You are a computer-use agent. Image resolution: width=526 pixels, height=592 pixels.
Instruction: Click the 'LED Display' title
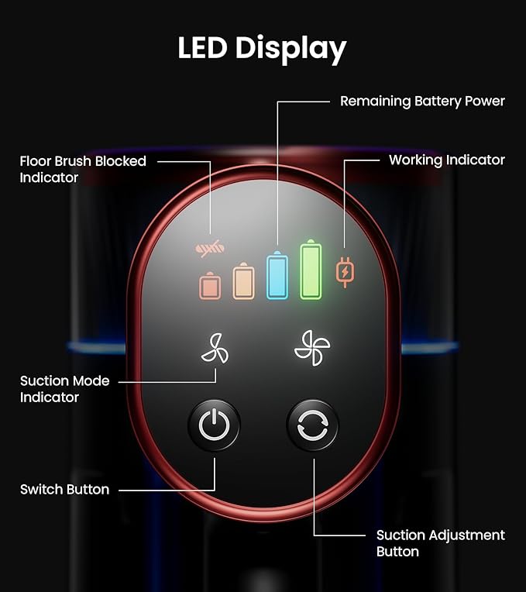point(262,49)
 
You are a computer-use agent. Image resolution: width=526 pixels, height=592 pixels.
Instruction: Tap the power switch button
point(214,425)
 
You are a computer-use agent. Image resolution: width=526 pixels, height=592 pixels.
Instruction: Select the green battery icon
point(311,270)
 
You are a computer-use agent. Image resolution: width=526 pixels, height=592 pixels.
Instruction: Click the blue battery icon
point(277,275)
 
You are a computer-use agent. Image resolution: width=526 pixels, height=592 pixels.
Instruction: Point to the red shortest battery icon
point(210,286)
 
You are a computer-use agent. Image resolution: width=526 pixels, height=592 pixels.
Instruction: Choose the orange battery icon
point(243,281)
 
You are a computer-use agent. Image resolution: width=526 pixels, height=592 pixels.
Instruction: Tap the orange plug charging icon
point(345,272)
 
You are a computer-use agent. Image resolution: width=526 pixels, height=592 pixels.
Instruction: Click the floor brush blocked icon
point(210,249)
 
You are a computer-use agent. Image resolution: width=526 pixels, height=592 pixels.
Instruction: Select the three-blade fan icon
point(215,349)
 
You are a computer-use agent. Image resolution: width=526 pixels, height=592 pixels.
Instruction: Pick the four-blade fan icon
point(312,348)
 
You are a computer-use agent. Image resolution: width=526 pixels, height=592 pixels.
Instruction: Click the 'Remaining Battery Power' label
point(422,102)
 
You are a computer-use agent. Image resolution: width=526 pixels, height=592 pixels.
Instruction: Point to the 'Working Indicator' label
point(447,160)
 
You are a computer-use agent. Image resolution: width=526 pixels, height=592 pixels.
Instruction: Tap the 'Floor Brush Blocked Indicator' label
point(83,169)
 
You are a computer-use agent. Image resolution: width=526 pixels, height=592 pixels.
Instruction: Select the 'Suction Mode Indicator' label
point(64,389)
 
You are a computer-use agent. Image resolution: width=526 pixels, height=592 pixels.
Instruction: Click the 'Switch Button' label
point(64,489)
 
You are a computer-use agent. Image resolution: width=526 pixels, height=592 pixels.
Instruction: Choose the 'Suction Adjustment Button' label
point(440,543)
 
